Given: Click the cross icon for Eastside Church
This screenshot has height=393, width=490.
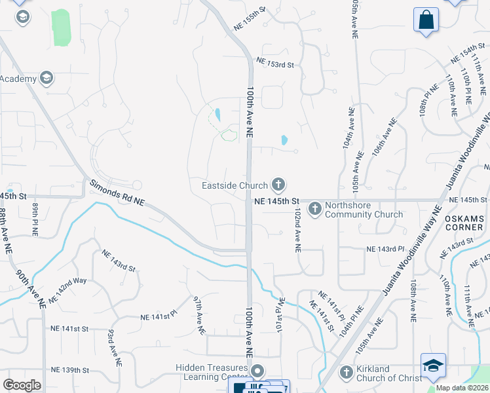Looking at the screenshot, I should click(278, 185).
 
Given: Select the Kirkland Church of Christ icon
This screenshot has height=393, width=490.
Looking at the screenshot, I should click(347, 373).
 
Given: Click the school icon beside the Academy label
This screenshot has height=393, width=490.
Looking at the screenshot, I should click(46, 79).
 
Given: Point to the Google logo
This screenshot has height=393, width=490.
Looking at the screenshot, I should click(22, 385).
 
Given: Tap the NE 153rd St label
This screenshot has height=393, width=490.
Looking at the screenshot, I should click(276, 64).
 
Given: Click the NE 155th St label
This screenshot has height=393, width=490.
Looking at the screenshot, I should click(250, 18).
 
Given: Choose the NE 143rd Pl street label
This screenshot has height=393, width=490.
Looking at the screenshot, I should click(382, 250).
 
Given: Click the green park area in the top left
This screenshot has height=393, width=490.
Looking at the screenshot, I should click(60, 28).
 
